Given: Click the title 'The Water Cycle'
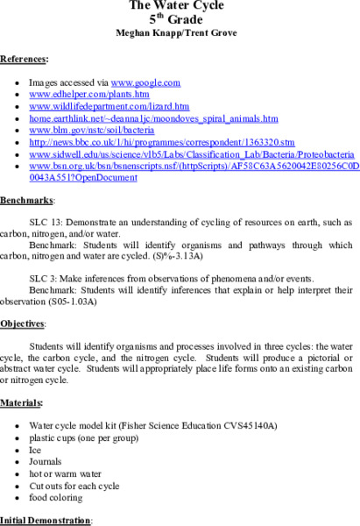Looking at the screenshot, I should (180, 4).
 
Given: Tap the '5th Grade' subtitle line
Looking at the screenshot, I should (180, 18).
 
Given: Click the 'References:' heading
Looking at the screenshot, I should (25, 60).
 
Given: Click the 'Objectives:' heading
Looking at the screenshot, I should (22, 324).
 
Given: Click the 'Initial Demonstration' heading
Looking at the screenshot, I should (46, 520).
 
